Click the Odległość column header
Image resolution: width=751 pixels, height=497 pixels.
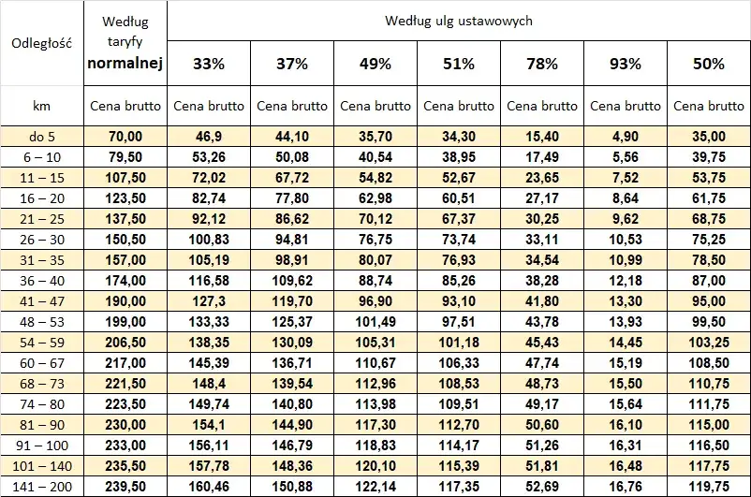click(x=41, y=42)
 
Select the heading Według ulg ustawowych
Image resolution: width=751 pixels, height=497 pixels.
click(x=458, y=21)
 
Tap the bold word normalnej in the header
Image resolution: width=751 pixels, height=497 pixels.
click(x=125, y=64)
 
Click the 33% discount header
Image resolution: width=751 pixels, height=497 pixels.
click(x=208, y=64)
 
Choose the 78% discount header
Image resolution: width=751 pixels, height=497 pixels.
click(x=542, y=64)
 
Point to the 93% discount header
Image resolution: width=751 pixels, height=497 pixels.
click(x=626, y=64)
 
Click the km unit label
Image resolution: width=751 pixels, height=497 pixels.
click(x=41, y=106)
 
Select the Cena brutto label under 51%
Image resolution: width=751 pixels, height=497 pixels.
click(x=459, y=106)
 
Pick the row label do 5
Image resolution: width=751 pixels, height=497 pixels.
click(x=41, y=137)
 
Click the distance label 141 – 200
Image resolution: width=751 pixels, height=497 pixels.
click(x=41, y=487)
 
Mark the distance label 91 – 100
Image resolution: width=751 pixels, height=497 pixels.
click(x=41, y=446)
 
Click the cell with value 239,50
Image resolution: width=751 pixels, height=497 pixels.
click(x=125, y=487)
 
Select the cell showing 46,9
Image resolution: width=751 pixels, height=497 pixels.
click(x=208, y=137)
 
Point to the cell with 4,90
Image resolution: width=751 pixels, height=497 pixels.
click(x=626, y=137)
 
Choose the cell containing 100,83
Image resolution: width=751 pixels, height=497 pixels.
click(x=208, y=240)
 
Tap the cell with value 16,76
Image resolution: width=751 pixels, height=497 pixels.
click(x=626, y=487)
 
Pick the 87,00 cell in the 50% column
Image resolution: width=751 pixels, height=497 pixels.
click(x=709, y=281)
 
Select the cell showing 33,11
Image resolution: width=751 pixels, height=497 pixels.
click(x=542, y=240)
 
